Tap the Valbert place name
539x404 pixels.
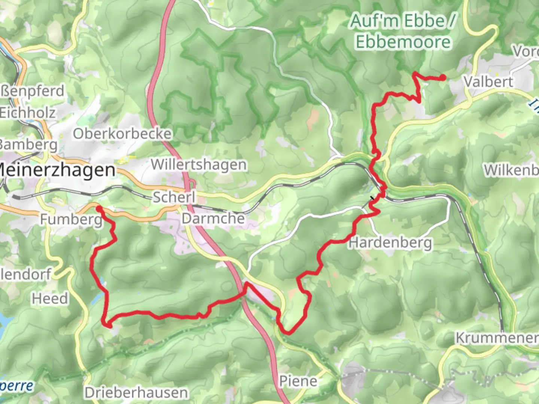pos(488,81)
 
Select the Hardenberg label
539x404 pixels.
pos(390,243)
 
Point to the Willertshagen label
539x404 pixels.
pos(199,165)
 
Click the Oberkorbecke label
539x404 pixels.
pos(122,134)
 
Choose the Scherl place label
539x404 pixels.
pos(174,197)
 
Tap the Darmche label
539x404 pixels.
pos(213,218)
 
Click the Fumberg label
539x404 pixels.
pos(71,219)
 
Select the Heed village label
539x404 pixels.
pos(50,299)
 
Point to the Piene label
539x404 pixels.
pos(298,381)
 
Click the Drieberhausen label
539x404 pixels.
pos(136,393)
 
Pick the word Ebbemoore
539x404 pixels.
pos(403,42)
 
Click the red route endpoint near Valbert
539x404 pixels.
pos(443,77)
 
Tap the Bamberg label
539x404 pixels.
pos(28,144)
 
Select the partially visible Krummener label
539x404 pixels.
pos(497,338)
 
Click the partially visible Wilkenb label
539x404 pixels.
pos(511,170)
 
